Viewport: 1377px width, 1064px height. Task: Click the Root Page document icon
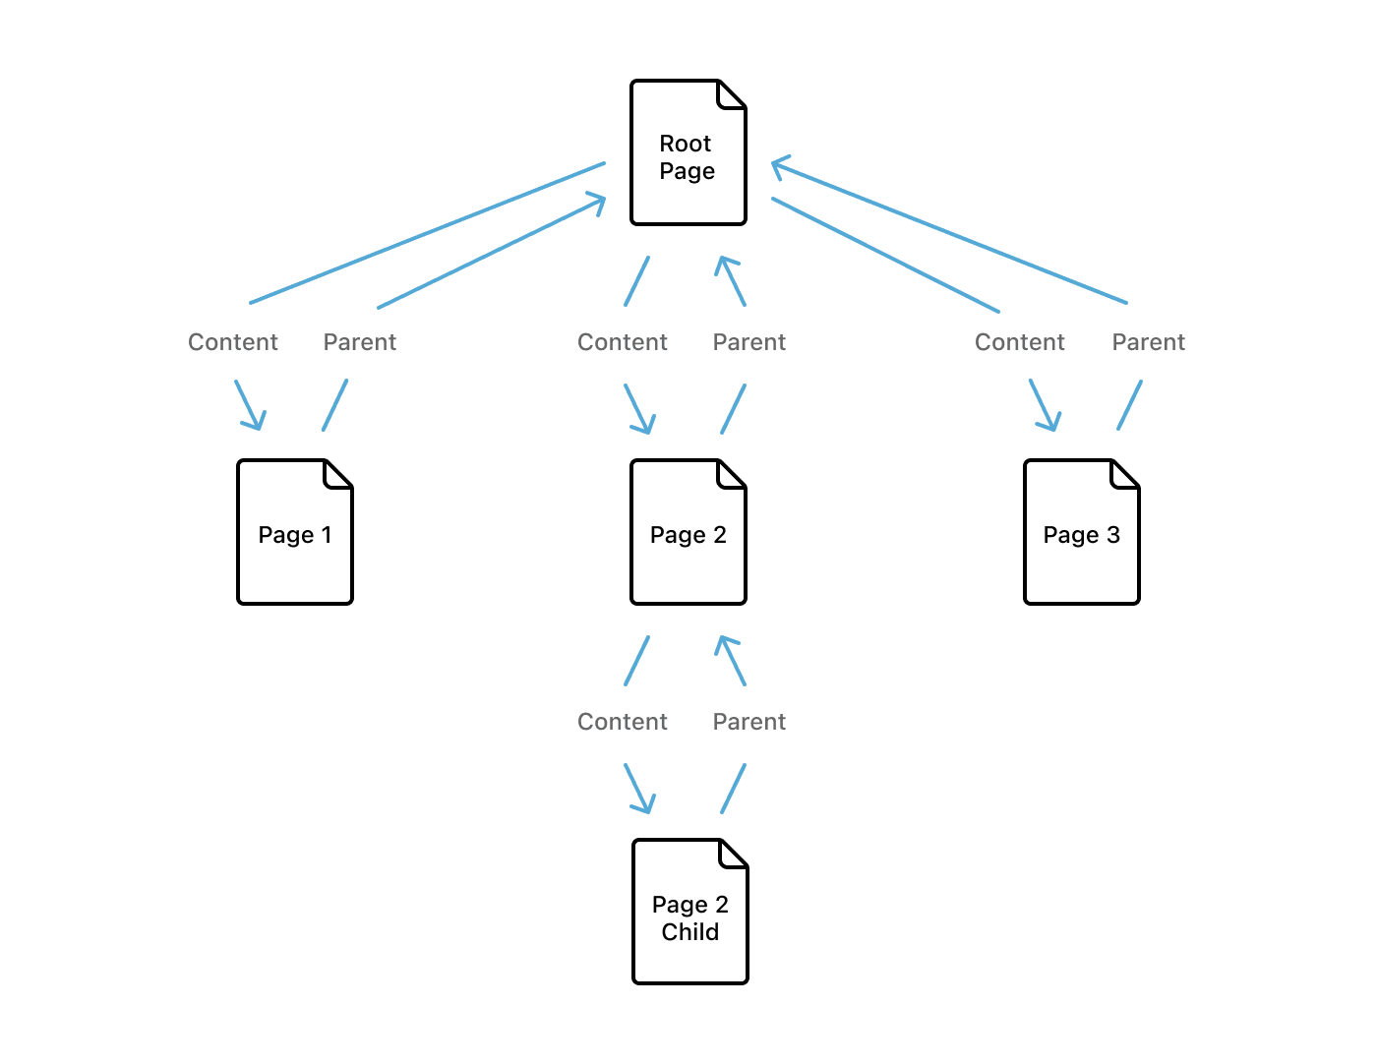688,152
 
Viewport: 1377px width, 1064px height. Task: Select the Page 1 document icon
295,532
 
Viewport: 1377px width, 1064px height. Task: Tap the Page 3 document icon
1082,532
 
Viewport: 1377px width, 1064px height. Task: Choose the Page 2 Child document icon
690,912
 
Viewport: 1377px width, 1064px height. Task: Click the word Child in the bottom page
690,932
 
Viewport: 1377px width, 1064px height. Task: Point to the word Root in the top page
686,144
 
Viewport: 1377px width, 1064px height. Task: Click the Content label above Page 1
233,342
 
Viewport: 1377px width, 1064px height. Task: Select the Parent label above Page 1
360,342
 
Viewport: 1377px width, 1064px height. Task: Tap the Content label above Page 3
1020,342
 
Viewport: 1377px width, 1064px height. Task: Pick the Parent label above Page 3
1149,342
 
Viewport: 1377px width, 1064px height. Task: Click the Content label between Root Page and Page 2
623,342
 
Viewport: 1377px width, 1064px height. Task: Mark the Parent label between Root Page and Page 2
749,342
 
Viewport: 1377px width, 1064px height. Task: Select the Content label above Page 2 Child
623,722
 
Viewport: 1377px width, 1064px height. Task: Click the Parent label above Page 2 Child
749,722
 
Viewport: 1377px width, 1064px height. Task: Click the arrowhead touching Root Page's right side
778,166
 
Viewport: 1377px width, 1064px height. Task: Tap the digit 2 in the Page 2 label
720,535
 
